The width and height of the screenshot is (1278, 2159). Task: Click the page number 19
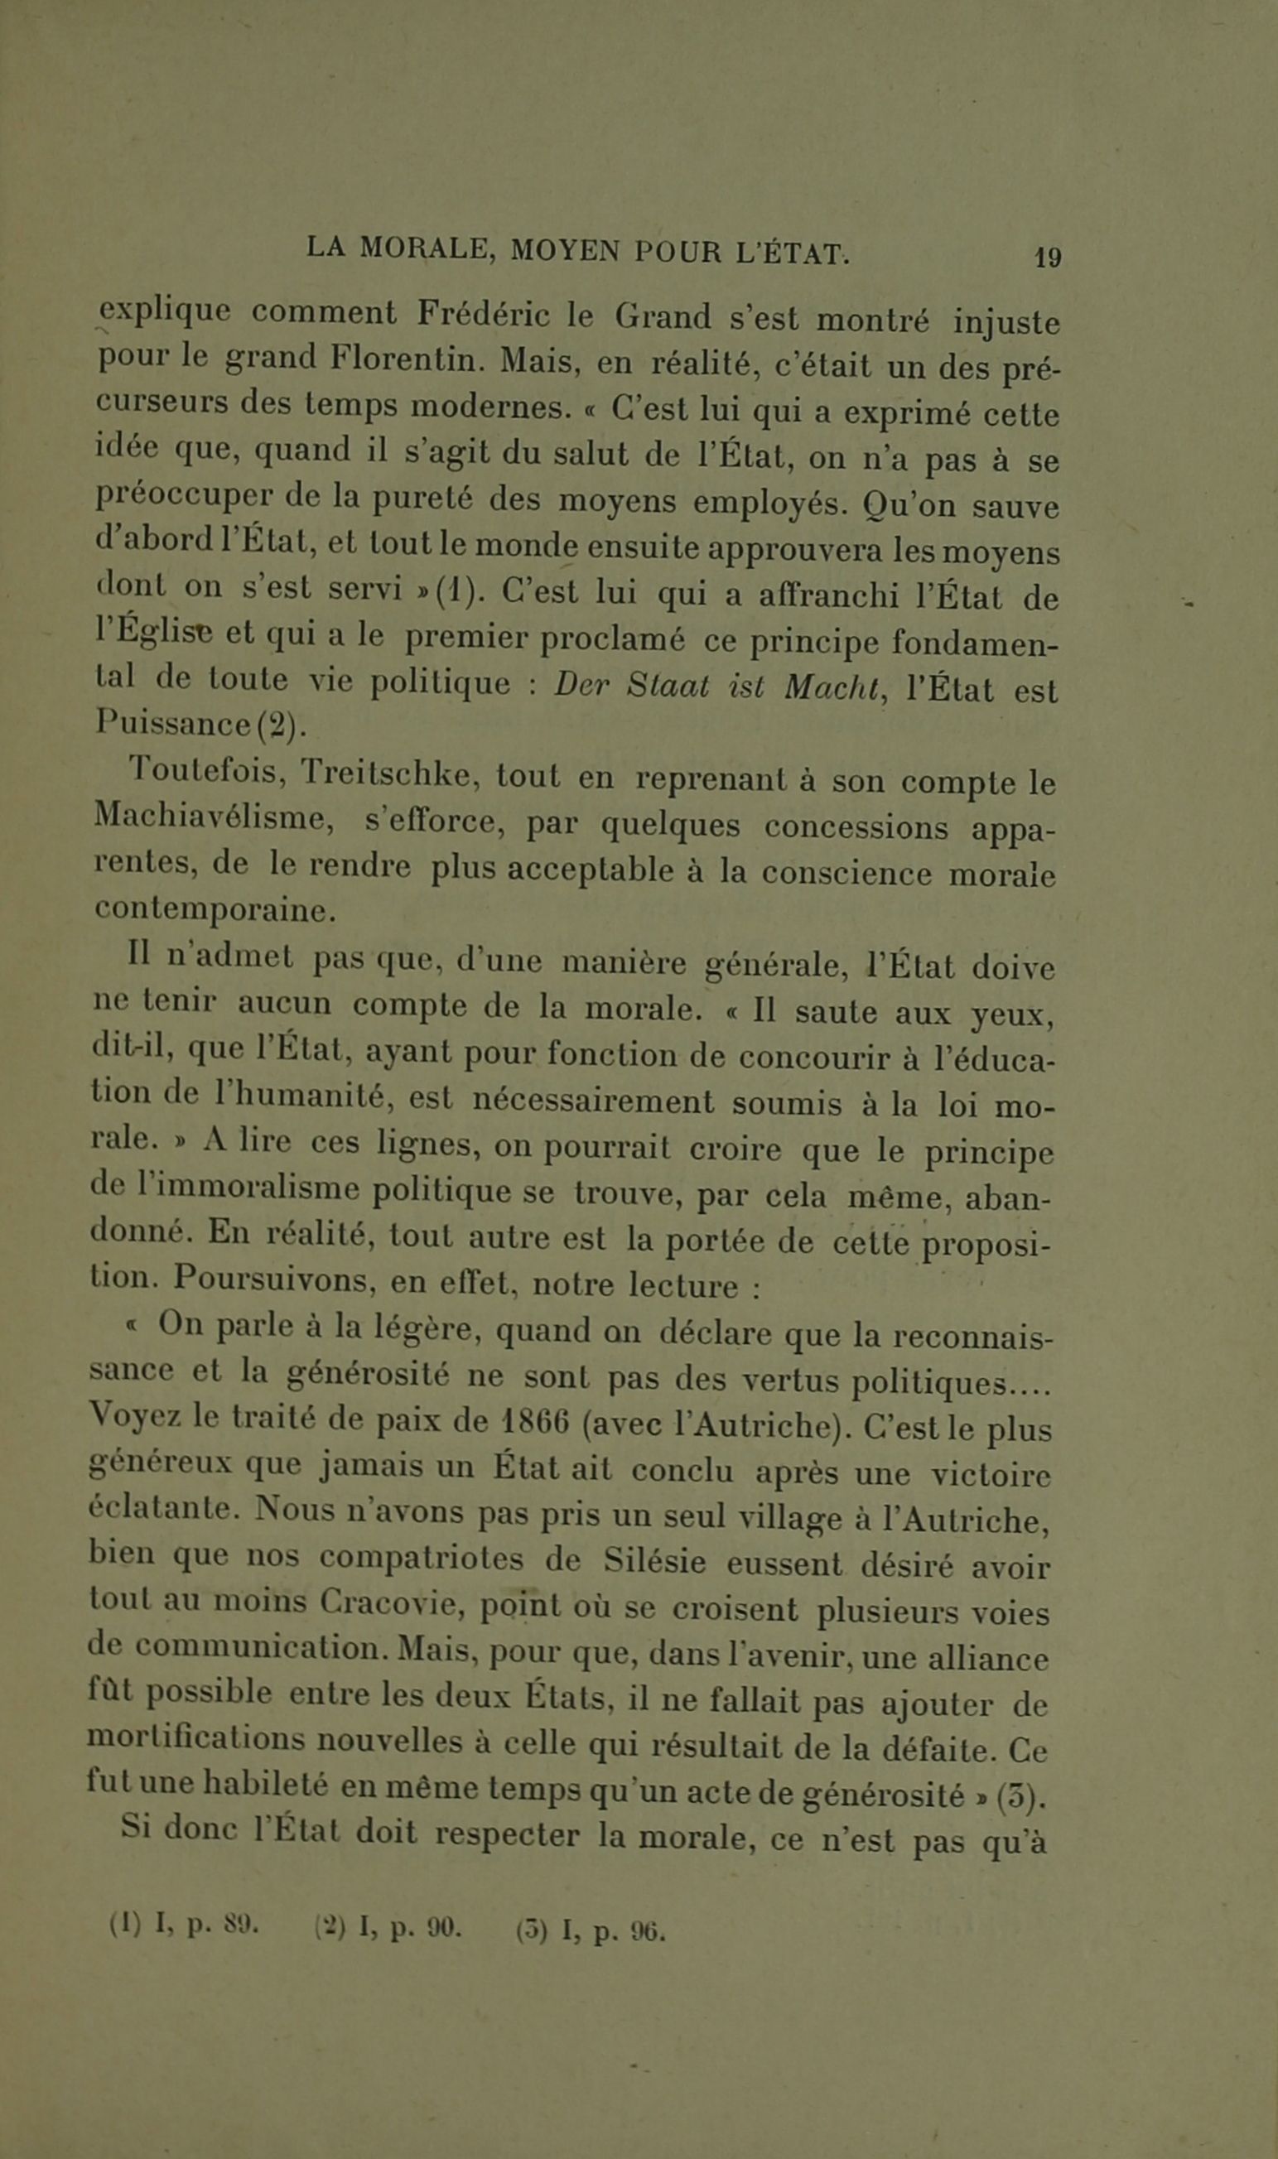(1048, 258)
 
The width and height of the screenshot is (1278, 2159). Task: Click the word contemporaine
(214, 910)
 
